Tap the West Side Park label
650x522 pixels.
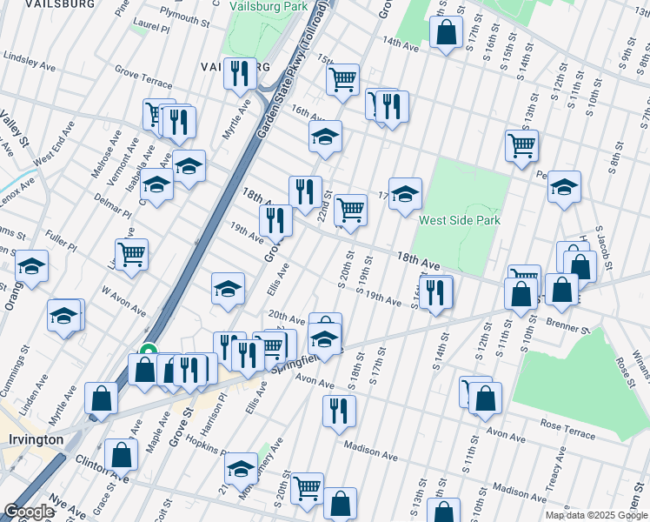(x=460, y=220)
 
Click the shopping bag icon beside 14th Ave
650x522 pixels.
(x=446, y=33)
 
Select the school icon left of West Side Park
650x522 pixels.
(x=405, y=195)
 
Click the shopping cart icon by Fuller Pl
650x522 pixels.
(x=131, y=255)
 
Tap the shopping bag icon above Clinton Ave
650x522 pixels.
(x=121, y=454)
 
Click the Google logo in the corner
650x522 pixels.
(x=28, y=512)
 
